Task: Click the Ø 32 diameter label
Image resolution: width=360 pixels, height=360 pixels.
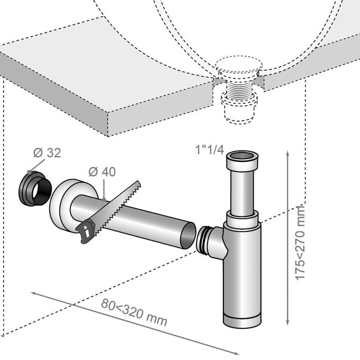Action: click(x=46, y=153)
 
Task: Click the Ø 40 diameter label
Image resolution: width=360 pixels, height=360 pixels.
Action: click(x=103, y=172)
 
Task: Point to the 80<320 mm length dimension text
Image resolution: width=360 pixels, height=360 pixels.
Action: click(x=134, y=313)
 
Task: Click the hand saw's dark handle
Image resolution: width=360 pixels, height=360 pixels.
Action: click(x=85, y=231)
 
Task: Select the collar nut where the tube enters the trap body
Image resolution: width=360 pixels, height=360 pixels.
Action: click(x=242, y=218)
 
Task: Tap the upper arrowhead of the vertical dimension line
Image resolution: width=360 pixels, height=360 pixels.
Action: click(x=287, y=154)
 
